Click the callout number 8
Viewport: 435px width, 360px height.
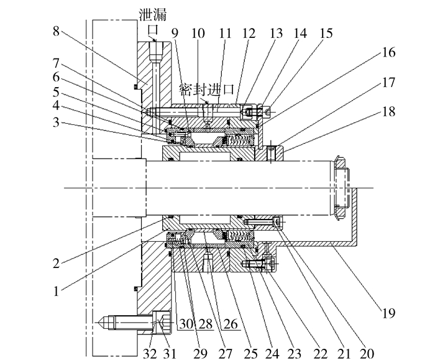tap(57, 31)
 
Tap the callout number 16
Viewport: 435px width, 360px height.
tap(388, 52)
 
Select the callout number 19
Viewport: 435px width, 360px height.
tap(388, 313)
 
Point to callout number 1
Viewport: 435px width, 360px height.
tap(57, 292)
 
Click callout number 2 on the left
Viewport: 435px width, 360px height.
tap(57, 263)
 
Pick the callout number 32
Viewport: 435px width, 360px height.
tap(150, 354)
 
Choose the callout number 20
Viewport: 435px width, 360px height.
tap(367, 354)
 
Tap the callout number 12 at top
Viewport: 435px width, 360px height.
tap(249, 34)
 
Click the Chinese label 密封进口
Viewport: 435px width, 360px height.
tap(207, 89)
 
